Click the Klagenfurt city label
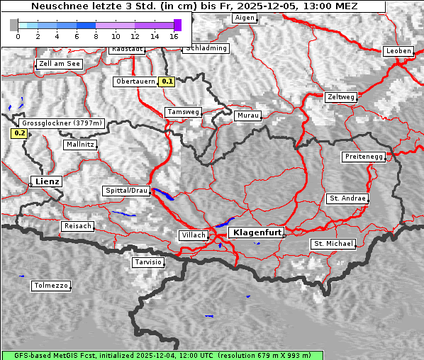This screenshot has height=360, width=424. (257, 232)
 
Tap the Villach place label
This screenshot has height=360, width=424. (193, 235)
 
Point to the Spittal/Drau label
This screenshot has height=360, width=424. (126, 191)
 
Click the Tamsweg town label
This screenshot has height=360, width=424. (183, 112)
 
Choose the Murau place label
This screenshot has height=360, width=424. (248, 115)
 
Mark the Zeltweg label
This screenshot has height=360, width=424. (341, 96)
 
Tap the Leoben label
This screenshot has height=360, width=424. (398, 51)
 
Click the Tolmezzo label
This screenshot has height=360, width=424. (51, 286)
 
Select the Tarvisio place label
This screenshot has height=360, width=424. (148, 262)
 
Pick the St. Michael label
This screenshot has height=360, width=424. (333, 244)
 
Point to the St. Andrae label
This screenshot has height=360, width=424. (347, 198)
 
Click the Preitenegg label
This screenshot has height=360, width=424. (364, 156)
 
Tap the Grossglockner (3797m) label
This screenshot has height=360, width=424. (62, 123)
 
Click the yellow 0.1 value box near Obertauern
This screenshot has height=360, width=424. (167, 81)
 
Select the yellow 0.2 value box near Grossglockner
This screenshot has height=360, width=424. (19, 133)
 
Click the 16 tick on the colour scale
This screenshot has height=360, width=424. (174, 36)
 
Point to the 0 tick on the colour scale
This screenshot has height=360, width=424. (18, 36)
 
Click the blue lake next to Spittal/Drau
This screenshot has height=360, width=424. (163, 193)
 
